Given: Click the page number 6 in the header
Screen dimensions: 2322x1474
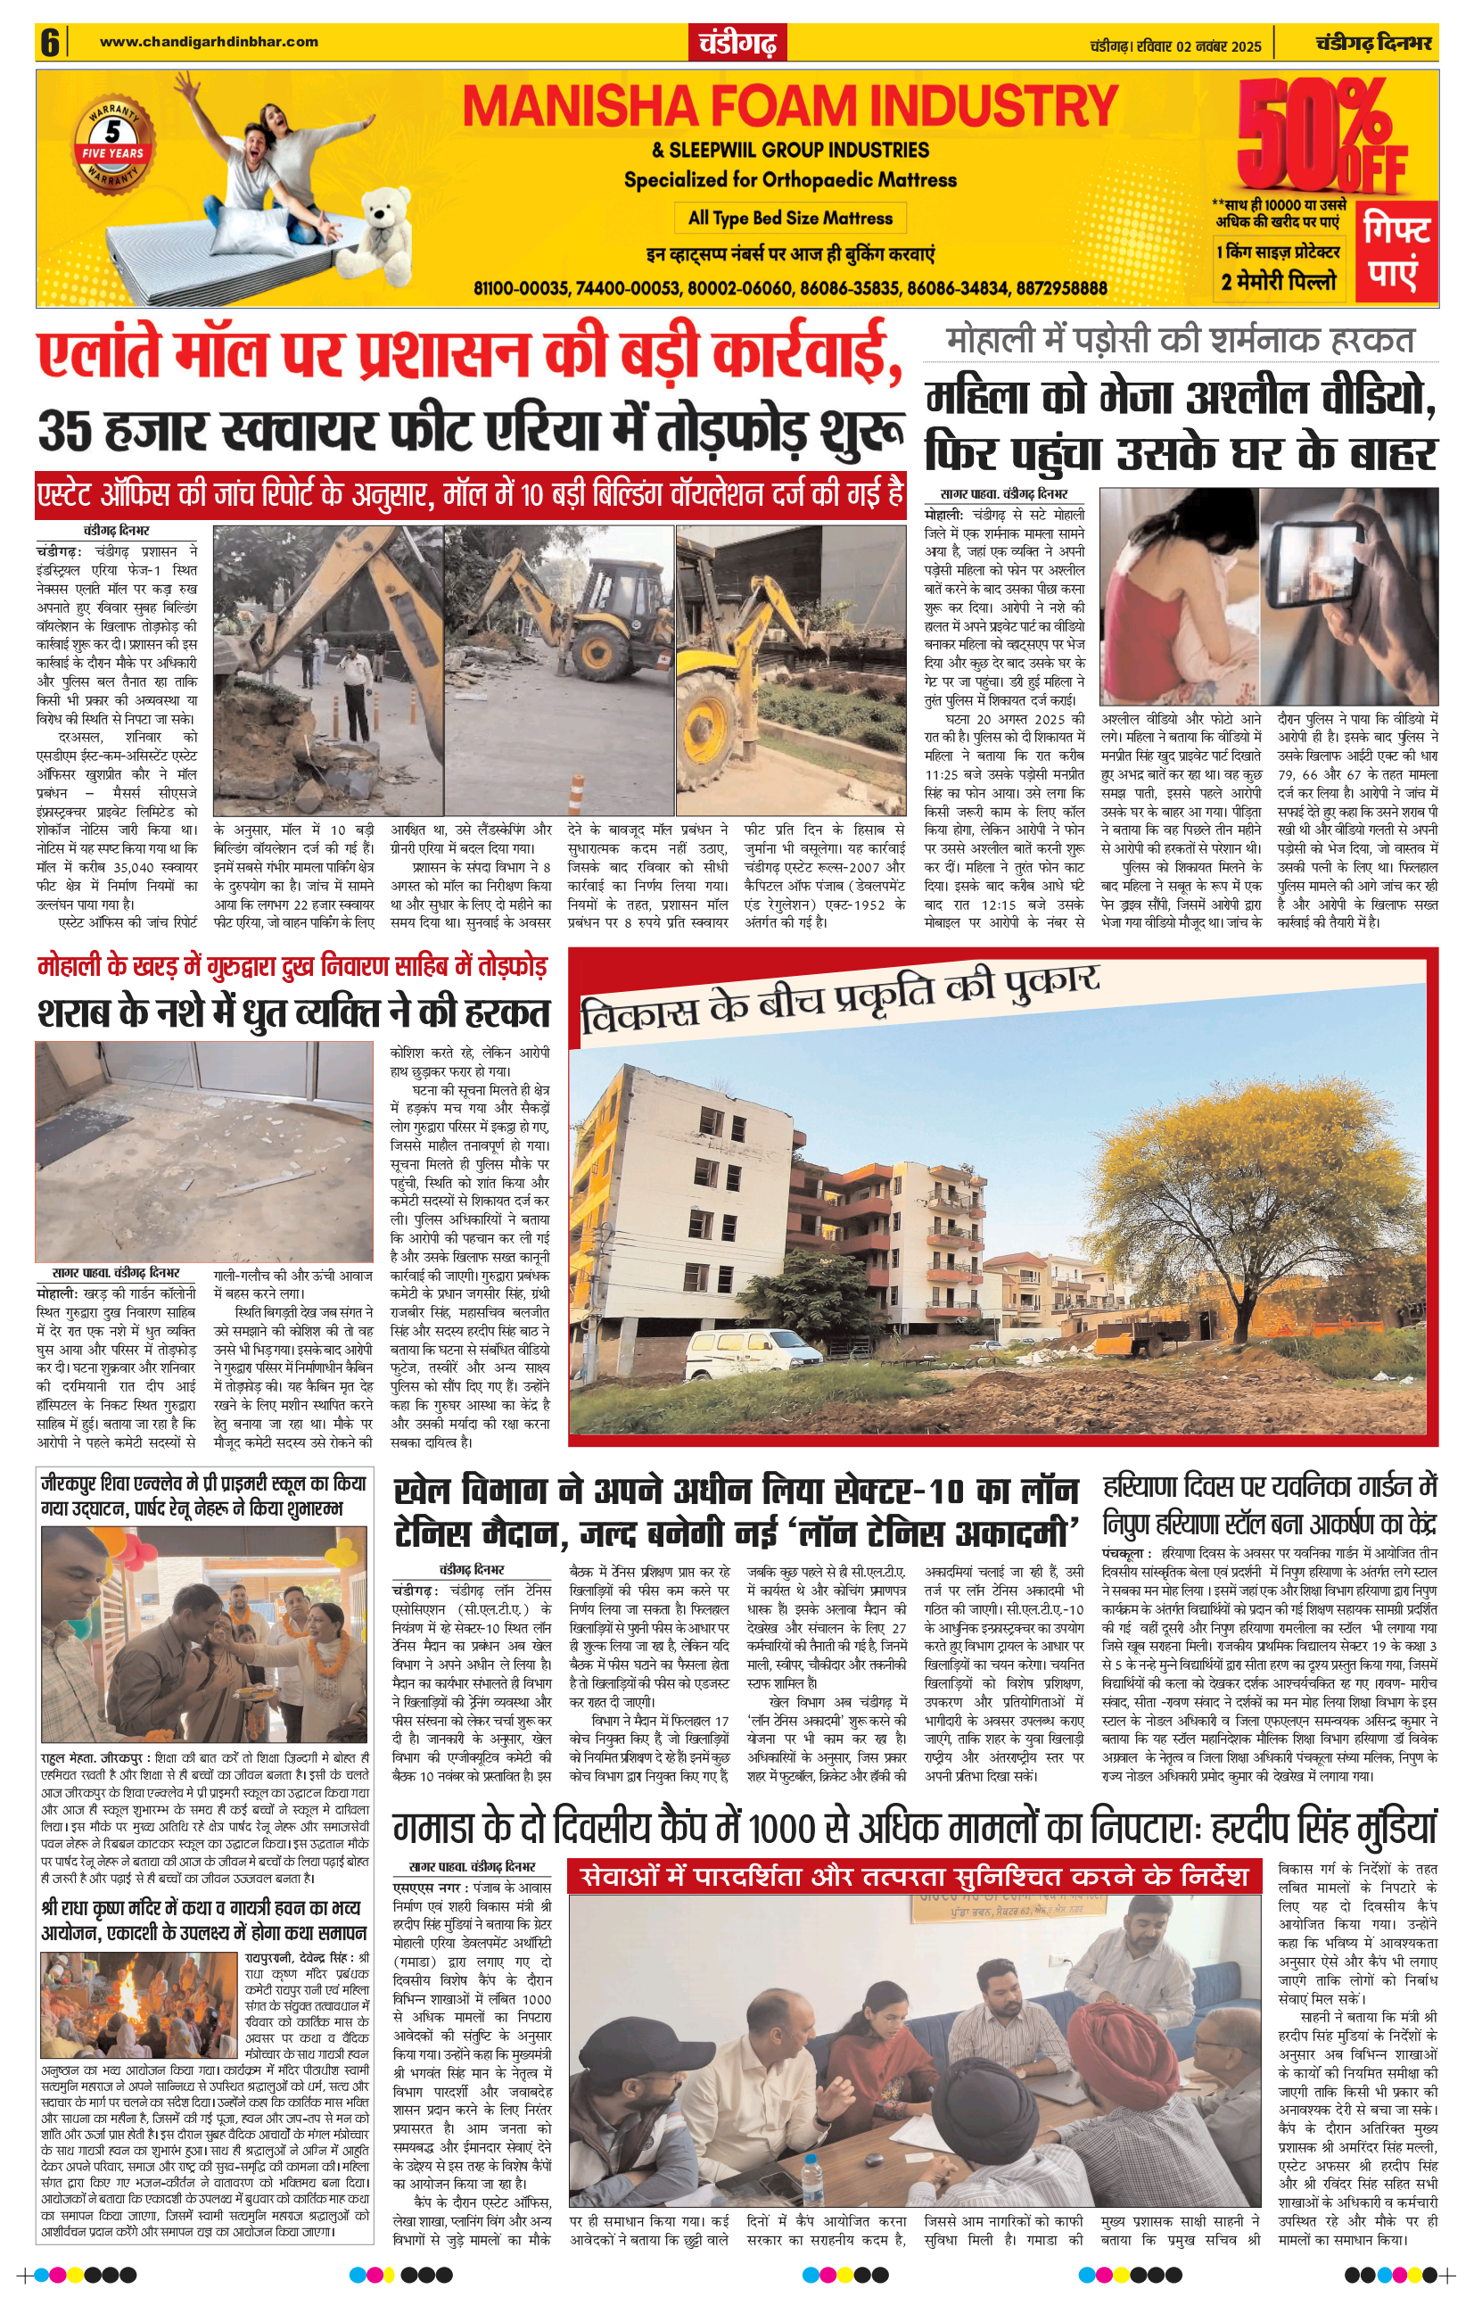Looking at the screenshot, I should click(x=50, y=44).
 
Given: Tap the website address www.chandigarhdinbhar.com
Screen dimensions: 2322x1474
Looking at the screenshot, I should click(x=209, y=41).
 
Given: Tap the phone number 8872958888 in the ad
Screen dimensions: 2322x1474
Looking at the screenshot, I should click(x=1059, y=288).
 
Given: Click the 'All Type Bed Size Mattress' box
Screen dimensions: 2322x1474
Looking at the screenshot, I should click(x=789, y=218).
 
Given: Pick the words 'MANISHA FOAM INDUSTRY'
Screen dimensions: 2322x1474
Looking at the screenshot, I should click(x=788, y=106).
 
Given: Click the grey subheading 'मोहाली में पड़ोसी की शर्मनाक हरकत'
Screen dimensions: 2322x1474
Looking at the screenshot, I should click(x=1179, y=340).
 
